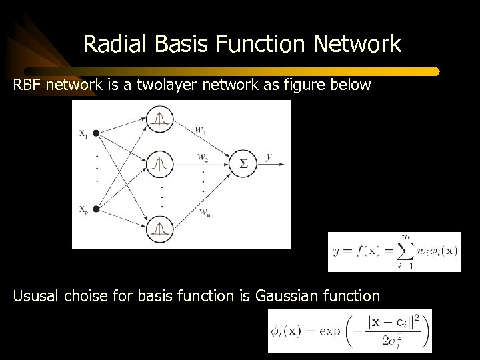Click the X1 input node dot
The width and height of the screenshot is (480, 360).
point(96,133)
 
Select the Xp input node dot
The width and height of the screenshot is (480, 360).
point(96,209)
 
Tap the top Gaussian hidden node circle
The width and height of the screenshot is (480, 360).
point(159,120)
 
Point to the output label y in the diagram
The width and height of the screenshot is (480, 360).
point(269,157)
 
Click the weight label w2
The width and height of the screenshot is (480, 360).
point(202,157)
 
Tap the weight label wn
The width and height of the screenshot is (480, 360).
point(204,213)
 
